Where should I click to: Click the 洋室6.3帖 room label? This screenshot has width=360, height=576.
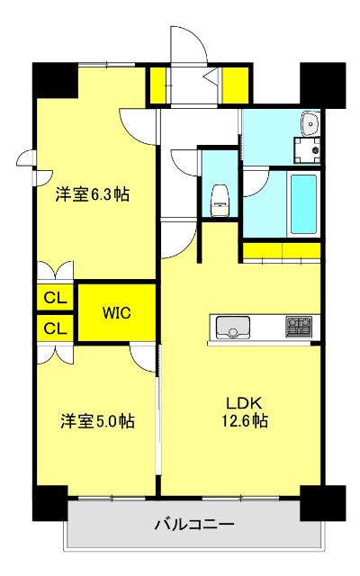92,194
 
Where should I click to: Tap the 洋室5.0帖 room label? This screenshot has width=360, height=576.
97,419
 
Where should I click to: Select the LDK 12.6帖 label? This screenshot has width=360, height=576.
243,410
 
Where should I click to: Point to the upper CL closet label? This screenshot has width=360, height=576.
54,296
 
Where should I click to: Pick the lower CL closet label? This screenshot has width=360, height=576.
54,328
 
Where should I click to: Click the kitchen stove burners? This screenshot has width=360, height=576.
300,326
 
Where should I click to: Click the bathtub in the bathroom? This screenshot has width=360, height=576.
303,203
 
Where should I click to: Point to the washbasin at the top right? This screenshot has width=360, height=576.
311,122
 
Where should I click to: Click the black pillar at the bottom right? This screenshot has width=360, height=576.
322,502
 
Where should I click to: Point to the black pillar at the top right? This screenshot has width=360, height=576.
322,83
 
